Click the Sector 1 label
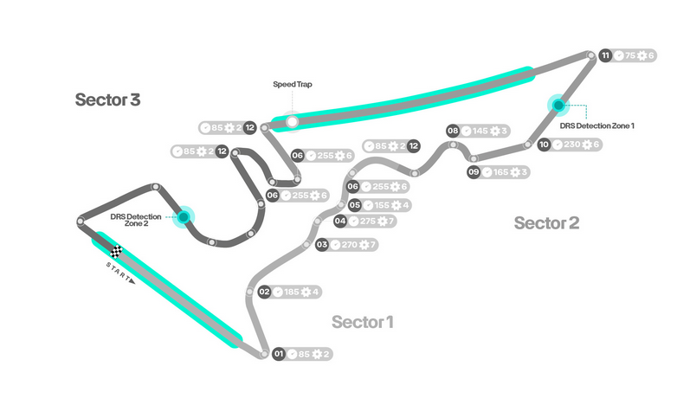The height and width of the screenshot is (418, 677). [363, 322]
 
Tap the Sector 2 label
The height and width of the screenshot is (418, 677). [546, 222]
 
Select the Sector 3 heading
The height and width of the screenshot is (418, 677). [107, 100]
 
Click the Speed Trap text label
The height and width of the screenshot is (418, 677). [292, 84]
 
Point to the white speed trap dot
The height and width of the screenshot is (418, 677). [293, 122]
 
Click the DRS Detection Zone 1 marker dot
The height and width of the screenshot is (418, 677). [558, 106]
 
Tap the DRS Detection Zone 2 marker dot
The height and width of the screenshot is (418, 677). [184, 216]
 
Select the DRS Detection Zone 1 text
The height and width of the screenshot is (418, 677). [597, 125]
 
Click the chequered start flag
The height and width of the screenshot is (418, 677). [116, 253]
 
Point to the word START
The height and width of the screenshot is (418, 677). [121, 271]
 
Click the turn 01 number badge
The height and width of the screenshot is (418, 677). [278, 354]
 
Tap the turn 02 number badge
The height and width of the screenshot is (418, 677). [265, 292]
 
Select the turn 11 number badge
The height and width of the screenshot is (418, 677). [605, 55]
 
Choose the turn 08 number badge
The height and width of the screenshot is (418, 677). [452, 131]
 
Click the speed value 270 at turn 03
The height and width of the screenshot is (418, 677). [350, 245]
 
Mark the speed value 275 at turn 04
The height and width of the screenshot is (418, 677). [368, 222]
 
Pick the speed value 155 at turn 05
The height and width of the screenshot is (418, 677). [382, 205]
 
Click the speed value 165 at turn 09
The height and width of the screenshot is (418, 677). [502, 172]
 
